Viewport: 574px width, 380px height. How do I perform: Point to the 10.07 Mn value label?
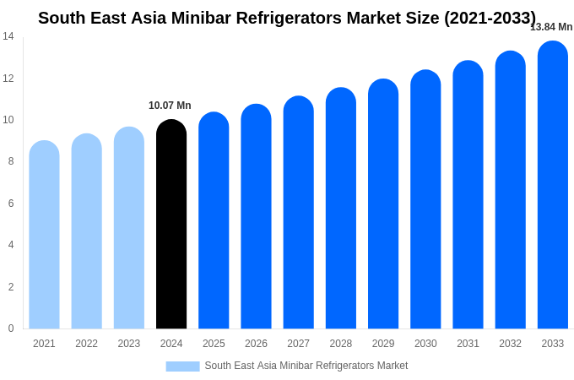[x=170, y=106]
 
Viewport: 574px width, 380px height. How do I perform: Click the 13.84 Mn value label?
[x=551, y=27]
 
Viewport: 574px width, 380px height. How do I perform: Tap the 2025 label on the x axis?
[x=214, y=344]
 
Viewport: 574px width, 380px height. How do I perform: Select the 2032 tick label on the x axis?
[x=510, y=344]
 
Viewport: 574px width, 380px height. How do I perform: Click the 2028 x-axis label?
[x=341, y=344]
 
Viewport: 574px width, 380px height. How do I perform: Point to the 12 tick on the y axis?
[x=8, y=79]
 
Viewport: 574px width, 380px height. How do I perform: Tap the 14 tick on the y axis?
[x=8, y=36]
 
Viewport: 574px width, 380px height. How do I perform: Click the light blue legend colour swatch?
[x=182, y=366]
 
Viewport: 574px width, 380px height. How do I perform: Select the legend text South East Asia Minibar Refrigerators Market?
[x=306, y=366]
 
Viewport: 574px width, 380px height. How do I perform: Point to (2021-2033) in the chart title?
[x=490, y=18]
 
